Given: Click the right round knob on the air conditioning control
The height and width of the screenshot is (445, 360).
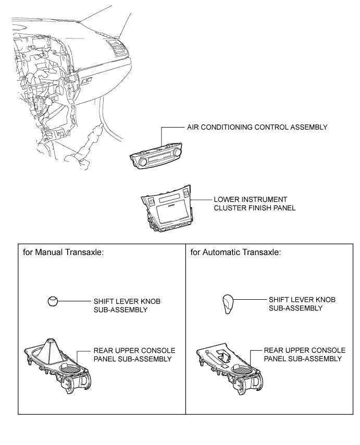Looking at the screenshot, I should click(178, 151).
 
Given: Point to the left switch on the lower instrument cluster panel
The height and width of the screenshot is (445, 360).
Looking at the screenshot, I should click(150, 199).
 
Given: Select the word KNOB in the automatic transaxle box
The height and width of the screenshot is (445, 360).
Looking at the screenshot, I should click(322, 301).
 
